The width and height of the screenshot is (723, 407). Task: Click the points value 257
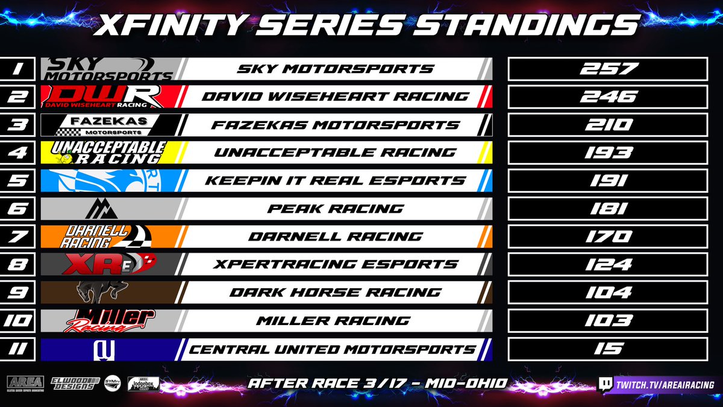tap(608, 69)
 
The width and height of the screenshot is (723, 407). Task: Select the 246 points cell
tap(608, 96)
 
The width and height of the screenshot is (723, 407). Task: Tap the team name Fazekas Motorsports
tap(336, 125)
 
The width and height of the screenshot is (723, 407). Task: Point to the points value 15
tap(608, 349)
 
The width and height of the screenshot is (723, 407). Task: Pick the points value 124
tap(608, 264)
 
